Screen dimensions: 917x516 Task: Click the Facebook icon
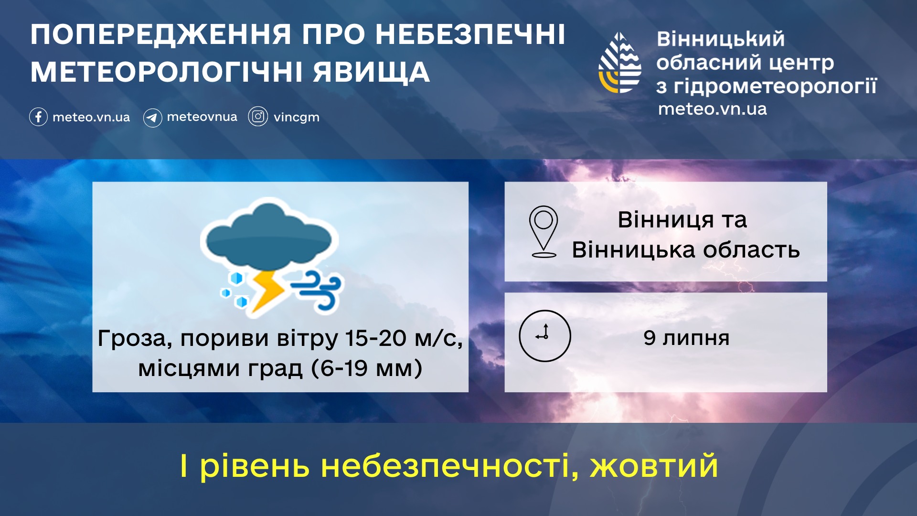tap(38, 117)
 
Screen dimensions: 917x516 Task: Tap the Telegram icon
tap(152, 118)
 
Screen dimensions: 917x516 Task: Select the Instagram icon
tap(258, 117)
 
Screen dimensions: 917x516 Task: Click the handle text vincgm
tap(296, 118)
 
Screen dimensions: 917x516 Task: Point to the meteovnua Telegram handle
tap(202, 117)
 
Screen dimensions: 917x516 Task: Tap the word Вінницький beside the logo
tap(720, 39)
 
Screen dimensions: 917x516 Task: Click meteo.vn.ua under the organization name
tap(712, 109)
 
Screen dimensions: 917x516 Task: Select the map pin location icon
tap(544, 232)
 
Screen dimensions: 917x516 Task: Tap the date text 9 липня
tap(686, 338)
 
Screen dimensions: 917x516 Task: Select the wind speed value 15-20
tap(376, 338)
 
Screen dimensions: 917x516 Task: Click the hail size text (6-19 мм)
tap(367, 368)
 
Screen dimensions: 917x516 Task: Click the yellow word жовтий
tap(654, 466)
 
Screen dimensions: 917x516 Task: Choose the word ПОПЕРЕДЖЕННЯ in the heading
tap(161, 35)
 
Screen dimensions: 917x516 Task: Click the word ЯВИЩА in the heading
tap(371, 72)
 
